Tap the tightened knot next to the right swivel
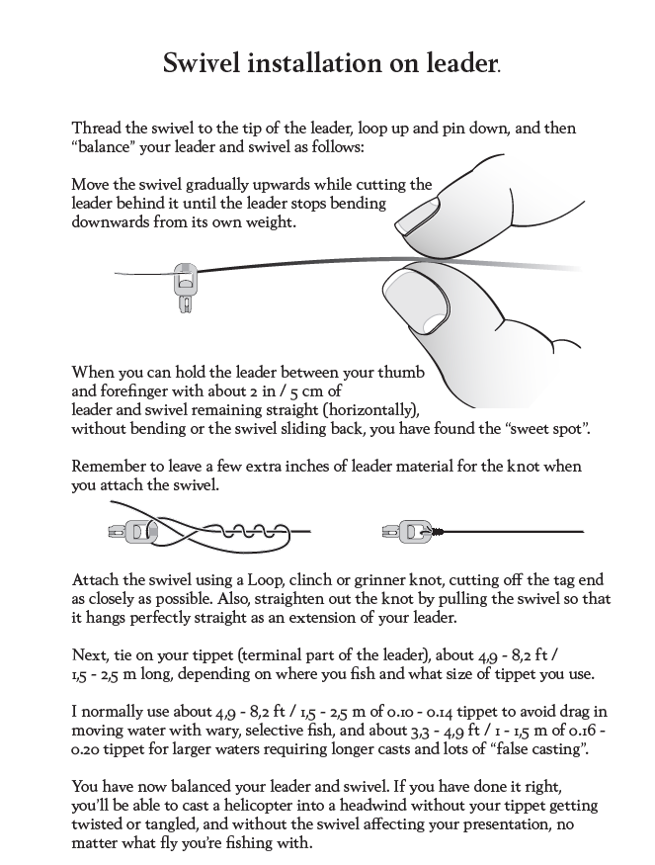click(433, 532)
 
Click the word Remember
click(110, 466)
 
